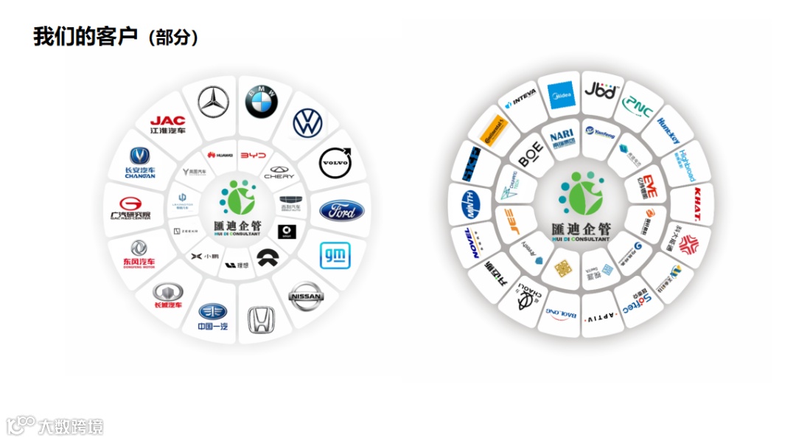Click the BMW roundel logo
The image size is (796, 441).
point(261,101)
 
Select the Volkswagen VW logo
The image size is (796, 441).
point(307,123)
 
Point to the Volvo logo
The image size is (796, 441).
point(335,162)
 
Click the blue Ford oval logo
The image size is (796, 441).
point(341,211)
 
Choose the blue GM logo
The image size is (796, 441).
point(335,256)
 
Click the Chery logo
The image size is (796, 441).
point(279,173)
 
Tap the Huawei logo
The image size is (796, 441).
point(220,155)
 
